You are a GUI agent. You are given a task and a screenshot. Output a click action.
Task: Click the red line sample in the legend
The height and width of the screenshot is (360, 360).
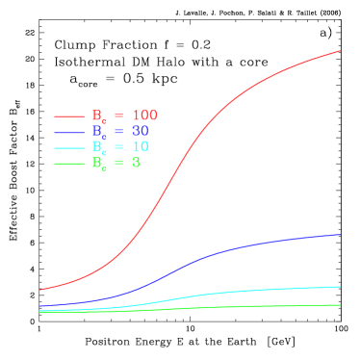pyautogui.click(x=69, y=116)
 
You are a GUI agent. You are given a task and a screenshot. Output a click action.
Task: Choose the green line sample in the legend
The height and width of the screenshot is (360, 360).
pyautogui.click(x=69, y=164)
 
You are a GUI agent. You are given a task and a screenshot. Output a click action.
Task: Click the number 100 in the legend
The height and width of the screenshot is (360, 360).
pyautogui.click(x=144, y=115)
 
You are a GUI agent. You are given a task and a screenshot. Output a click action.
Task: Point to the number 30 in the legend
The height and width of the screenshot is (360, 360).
pyautogui.click(x=141, y=131)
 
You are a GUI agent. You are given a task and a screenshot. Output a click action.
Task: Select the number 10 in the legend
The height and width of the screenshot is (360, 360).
pyautogui.click(x=141, y=147)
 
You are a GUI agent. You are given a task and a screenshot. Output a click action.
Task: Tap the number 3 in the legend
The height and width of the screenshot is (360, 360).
pyautogui.click(x=136, y=163)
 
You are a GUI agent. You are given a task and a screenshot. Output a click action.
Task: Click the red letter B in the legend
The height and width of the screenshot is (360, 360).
pyautogui.click(x=96, y=115)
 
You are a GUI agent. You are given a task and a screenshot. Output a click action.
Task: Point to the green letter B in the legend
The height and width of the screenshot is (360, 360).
pyautogui.click(x=96, y=163)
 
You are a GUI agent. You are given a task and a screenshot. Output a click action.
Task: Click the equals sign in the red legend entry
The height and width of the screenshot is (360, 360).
pyautogui.click(x=118, y=116)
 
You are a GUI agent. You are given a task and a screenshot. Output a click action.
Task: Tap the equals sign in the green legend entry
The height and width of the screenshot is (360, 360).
pyautogui.click(x=118, y=164)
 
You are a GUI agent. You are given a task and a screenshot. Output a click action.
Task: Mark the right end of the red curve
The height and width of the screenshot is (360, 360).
pyautogui.click(x=340, y=51)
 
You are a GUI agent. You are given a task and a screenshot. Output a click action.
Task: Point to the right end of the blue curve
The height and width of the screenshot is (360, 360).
pyautogui.click(x=340, y=234)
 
